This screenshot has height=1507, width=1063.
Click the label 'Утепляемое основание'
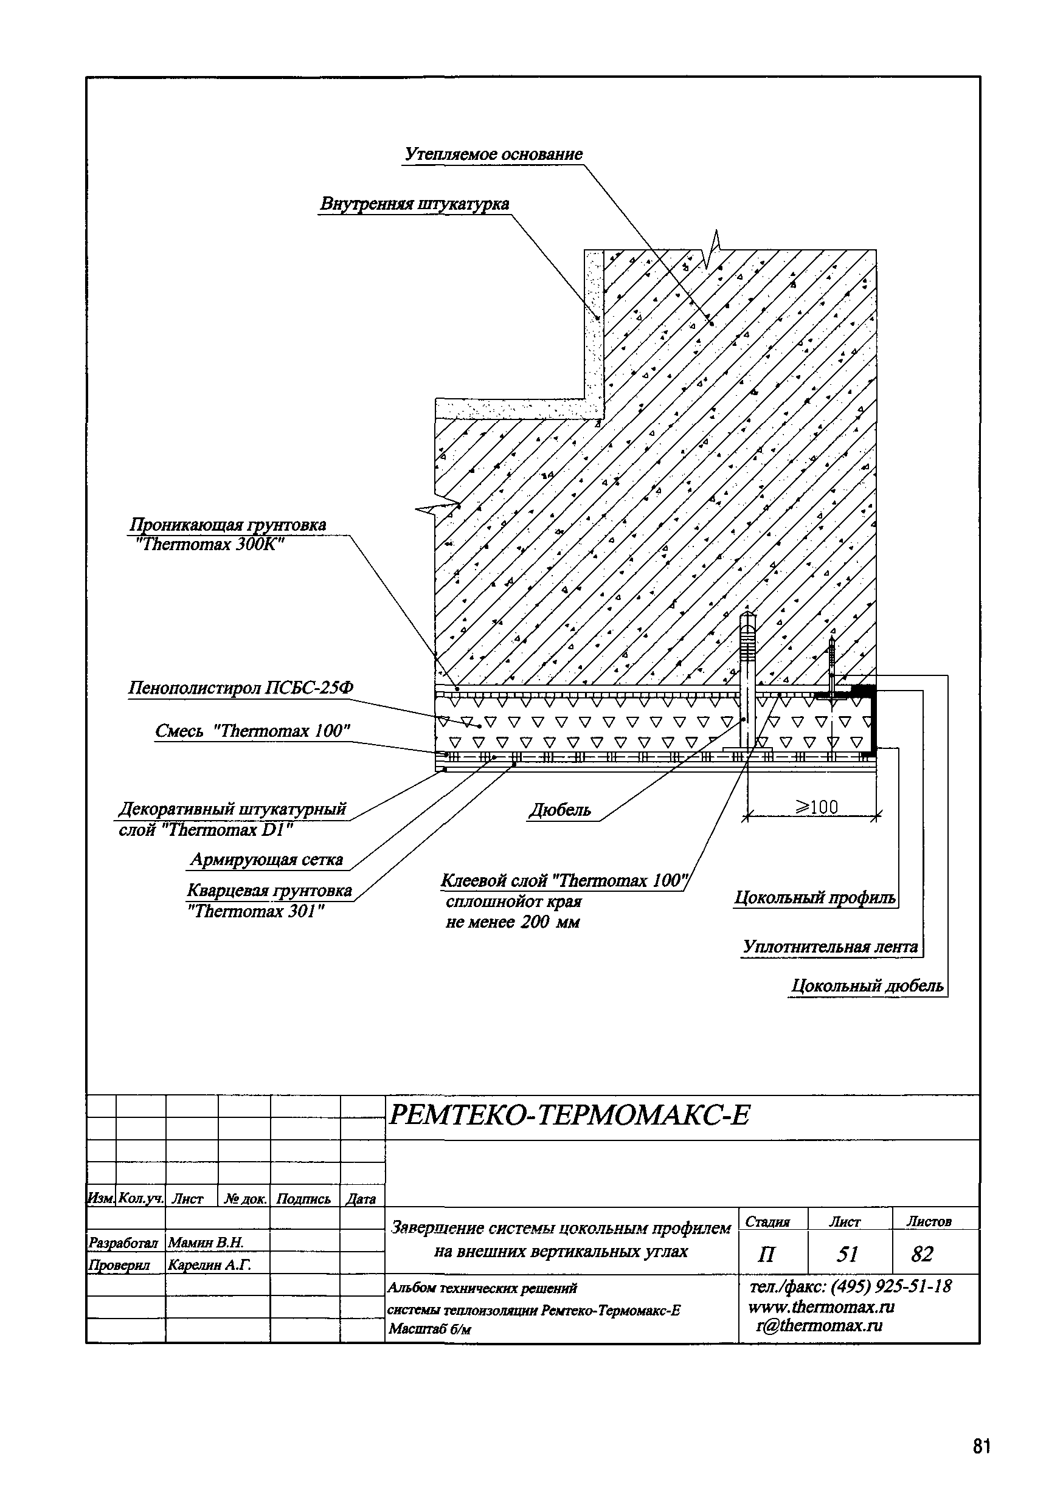[x=493, y=154]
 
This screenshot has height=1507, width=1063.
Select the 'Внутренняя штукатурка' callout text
[x=414, y=204]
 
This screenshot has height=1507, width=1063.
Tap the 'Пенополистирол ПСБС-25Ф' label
[x=240, y=688]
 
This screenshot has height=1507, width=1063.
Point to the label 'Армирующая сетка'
[x=266, y=860]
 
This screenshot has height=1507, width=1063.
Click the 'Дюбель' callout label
[x=560, y=810]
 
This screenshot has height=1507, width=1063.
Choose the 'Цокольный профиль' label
[x=814, y=898]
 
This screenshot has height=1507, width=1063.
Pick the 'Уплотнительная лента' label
[x=830, y=947]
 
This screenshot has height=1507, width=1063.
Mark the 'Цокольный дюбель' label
[x=867, y=986]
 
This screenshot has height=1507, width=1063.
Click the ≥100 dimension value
[x=817, y=807]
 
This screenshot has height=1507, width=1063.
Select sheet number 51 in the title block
[x=847, y=1254]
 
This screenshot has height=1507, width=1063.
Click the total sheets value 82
[x=922, y=1254]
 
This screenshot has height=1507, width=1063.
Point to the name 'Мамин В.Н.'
[x=206, y=1243]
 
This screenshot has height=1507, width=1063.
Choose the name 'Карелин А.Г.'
[x=209, y=1265]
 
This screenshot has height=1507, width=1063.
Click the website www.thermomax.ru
[x=821, y=1307]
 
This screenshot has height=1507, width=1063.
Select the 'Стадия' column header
[x=767, y=1221]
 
